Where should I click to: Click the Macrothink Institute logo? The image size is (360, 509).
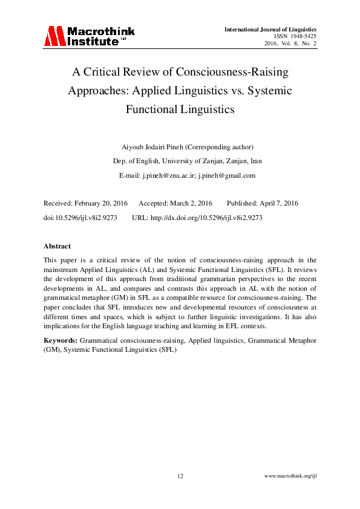(x=89, y=36)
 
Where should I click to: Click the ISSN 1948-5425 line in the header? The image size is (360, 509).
(x=296, y=36)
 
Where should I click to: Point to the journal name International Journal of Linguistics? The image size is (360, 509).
(x=270, y=29)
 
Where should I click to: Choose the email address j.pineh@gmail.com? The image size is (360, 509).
(x=227, y=175)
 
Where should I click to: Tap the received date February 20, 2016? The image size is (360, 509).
(x=99, y=203)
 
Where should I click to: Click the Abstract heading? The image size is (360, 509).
(x=57, y=246)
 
